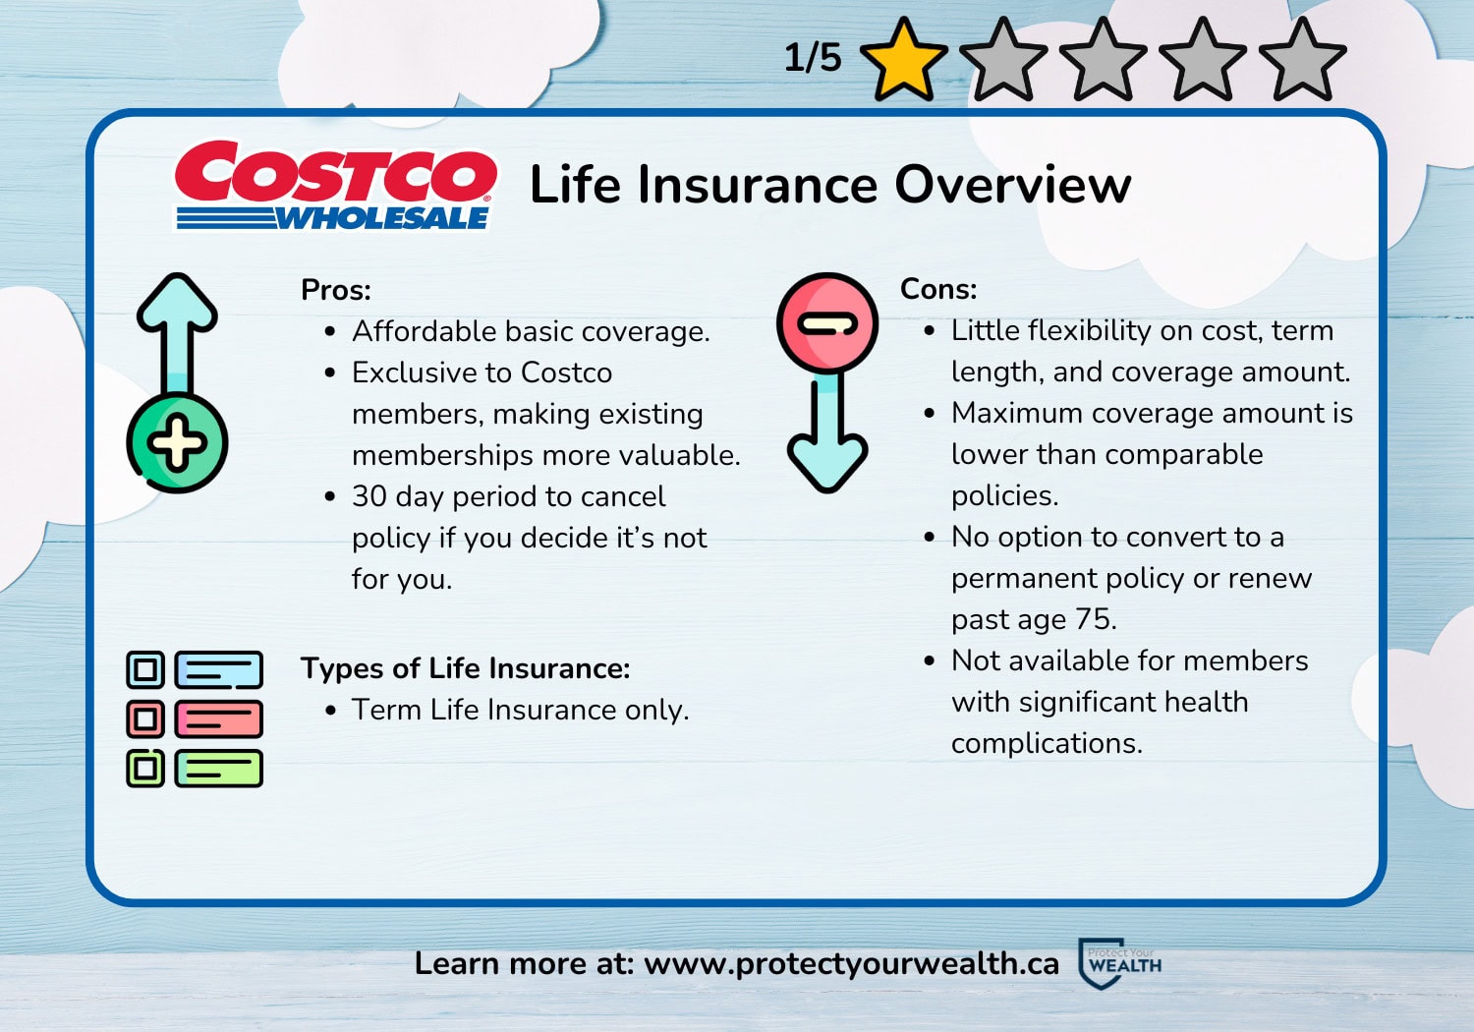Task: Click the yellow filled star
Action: [903, 61]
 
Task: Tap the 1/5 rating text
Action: [813, 58]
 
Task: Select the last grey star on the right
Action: [1302, 61]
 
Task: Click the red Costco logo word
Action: [335, 174]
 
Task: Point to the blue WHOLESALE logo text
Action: [381, 218]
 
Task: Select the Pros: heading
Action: [336, 290]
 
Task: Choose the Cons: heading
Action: [938, 289]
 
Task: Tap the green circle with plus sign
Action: [178, 443]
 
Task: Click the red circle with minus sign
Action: [827, 323]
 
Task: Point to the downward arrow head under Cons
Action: [827, 462]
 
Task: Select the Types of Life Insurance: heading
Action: [465, 668]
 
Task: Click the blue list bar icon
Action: [219, 670]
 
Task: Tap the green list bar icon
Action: [219, 769]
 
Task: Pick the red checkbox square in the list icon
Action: [145, 719]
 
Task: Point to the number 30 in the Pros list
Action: [369, 496]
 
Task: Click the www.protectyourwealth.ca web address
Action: [851, 963]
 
